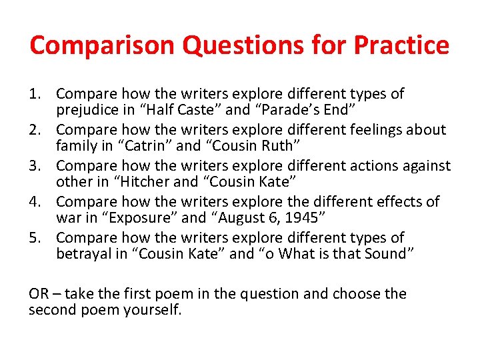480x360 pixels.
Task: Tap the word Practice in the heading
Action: click(x=401, y=45)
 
